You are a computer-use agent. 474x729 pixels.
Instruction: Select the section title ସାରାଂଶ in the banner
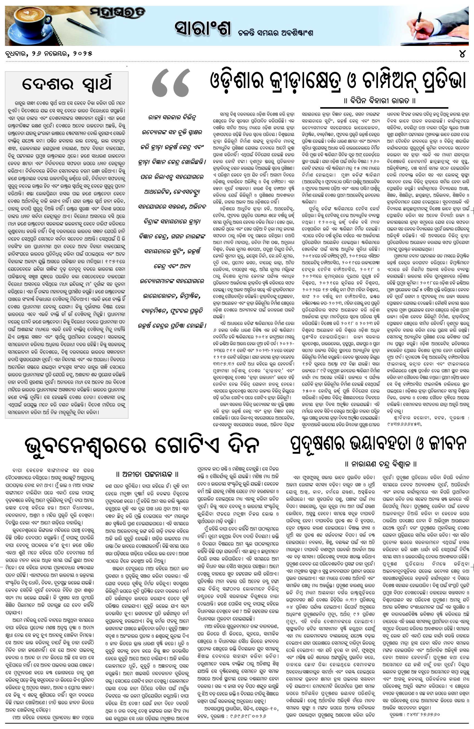pos(202,28)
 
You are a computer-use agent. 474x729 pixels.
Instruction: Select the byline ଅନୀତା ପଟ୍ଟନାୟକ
pos(147,474)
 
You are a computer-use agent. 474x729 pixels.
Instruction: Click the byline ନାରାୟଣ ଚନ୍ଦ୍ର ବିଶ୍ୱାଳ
pos(381,464)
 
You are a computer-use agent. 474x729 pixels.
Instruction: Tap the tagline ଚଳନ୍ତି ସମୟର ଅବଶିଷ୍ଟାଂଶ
pos(275,33)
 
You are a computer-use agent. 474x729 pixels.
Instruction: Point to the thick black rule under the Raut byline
pos(384,108)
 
